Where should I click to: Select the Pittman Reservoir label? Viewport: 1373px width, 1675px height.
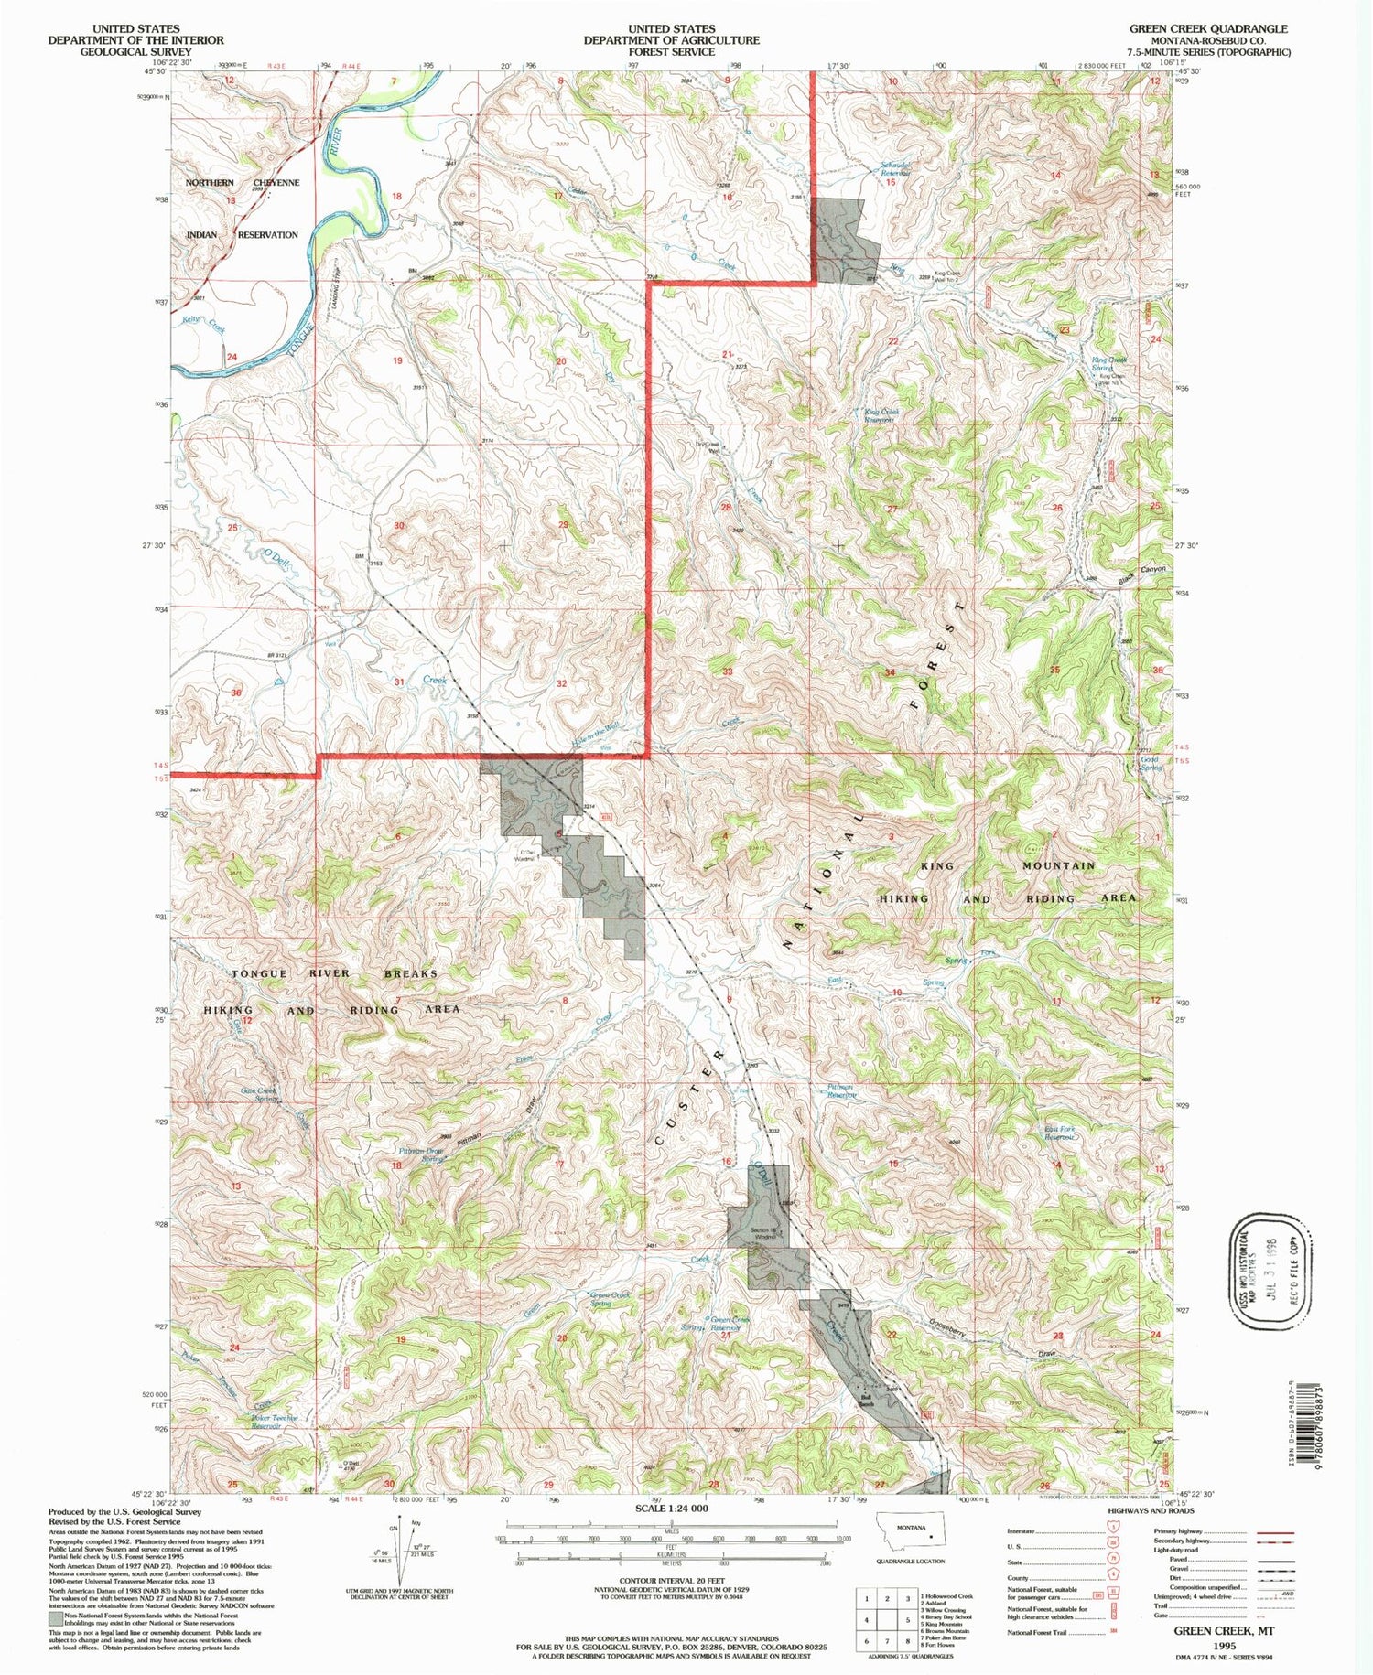(x=841, y=1091)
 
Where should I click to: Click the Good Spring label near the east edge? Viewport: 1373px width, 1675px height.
(x=1150, y=764)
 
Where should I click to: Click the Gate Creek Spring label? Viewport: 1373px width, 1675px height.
(x=258, y=1094)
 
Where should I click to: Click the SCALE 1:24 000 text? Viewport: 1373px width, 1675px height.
(x=671, y=1508)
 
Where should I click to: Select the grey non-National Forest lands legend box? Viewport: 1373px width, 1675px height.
(x=54, y=1616)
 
